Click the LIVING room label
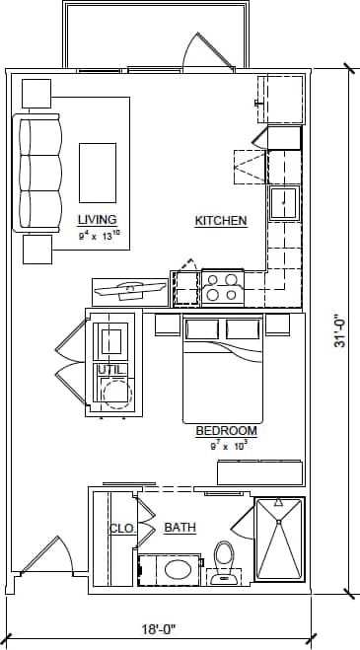coord(97,219)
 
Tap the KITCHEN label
coord(220,221)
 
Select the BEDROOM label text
coord(226,431)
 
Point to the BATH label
coord(180,528)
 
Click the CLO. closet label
coord(121,528)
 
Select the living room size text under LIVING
coord(99,235)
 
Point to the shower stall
coord(278,540)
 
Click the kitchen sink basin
coord(284,203)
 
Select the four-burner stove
coord(221,287)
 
